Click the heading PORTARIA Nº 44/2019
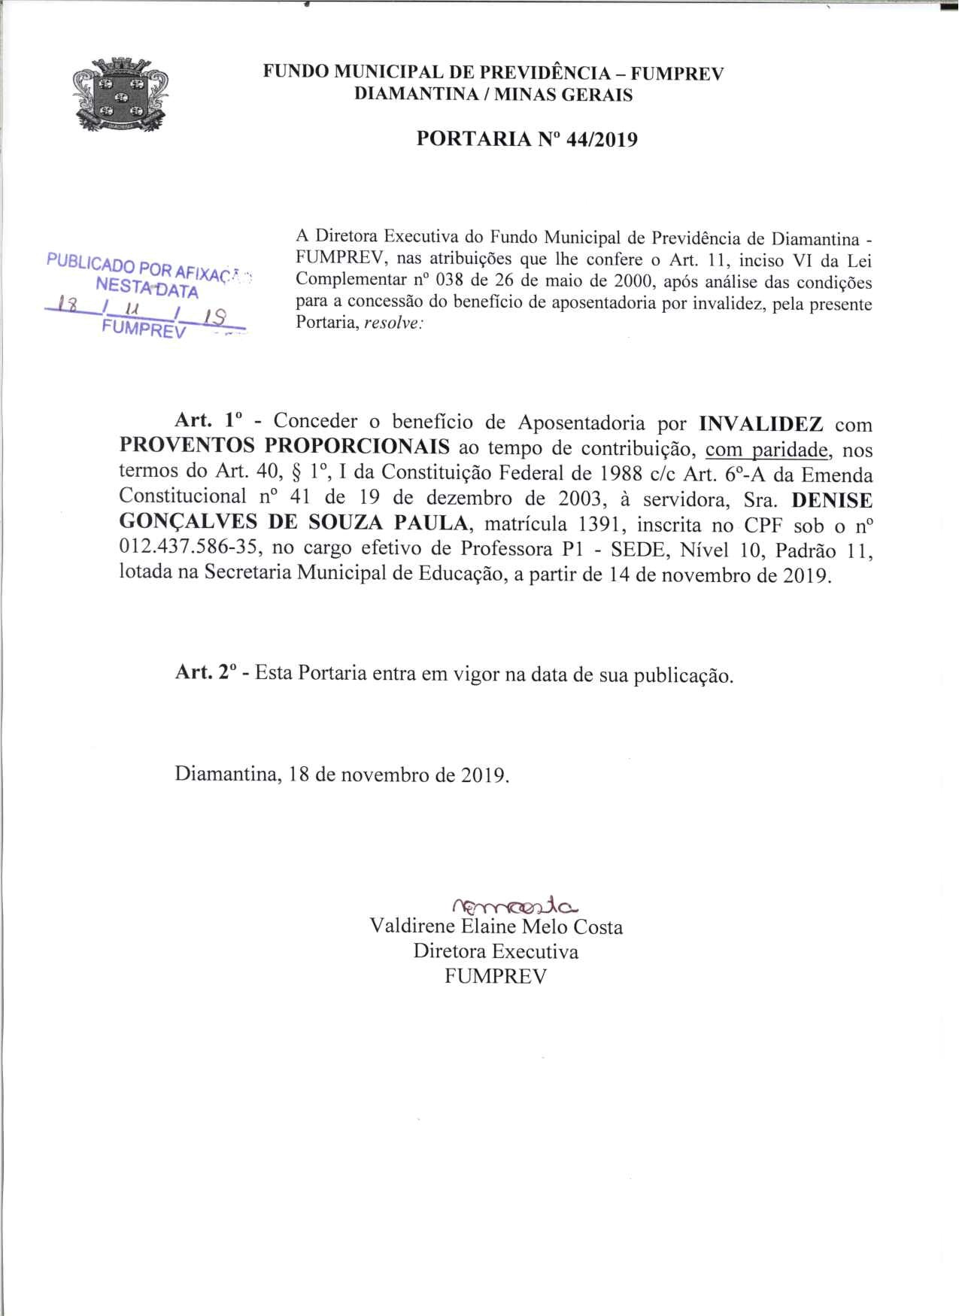[527, 139]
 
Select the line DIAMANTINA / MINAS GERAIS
[493, 95]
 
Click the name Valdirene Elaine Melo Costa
[496, 926]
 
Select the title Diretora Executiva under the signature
[496, 951]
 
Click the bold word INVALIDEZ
[760, 423]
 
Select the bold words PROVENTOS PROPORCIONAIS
[284, 447]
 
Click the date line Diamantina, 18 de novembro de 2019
[342, 774]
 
